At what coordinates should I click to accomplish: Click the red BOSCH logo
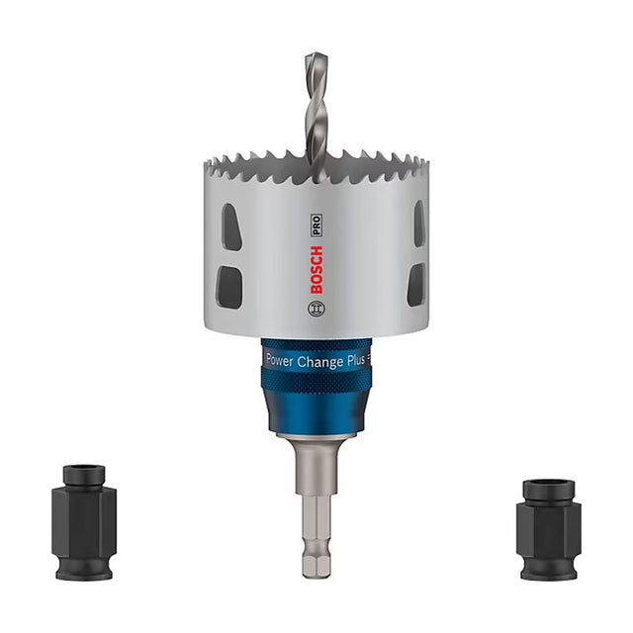pos(316,270)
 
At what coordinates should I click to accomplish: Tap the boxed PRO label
pos(316,226)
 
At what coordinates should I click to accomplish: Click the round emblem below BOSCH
pos(316,310)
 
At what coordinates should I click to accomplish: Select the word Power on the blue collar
pos(279,360)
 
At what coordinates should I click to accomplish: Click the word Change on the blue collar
pos(320,362)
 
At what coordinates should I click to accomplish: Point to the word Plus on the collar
pos(356,360)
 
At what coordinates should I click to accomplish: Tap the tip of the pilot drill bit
pos(316,54)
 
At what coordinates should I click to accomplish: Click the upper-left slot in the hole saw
pos(231,226)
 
